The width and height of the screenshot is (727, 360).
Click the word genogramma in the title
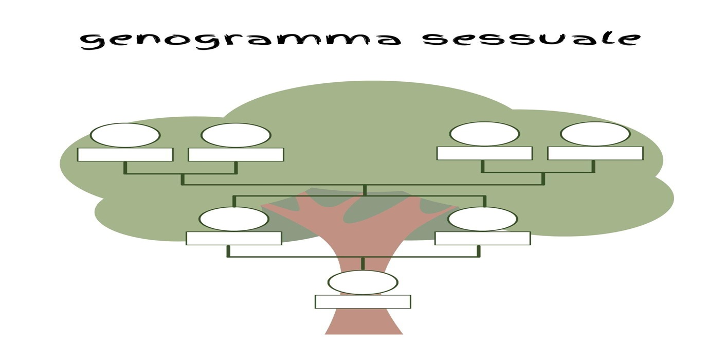click(x=240, y=41)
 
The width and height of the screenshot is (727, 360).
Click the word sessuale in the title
click(x=532, y=39)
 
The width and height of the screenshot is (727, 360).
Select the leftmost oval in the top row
click(x=125, y=135)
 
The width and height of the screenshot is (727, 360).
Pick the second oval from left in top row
click(x=236, y=135)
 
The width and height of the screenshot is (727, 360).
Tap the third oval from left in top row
click(x=484, y=134)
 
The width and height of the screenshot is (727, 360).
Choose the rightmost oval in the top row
click(x=595, y=134)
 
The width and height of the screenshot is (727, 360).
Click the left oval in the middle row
click(x=233, y=219)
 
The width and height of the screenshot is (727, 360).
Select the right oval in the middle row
click(x=483, y=219)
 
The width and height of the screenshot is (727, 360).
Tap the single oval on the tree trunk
click(x=363, y=282)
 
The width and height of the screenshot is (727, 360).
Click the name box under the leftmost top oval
click(x=125, y=154)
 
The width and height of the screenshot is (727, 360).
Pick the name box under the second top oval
click(x=236, y=154)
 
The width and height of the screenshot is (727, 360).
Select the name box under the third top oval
click(x=485, y=153)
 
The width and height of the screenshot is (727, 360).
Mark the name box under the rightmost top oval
click(x=595, y=153)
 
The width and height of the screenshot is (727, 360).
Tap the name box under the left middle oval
click(x=234, y=238)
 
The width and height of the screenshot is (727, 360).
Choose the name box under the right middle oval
click(x=483, y=238)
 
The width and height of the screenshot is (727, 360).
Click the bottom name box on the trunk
click(x=363, y=302)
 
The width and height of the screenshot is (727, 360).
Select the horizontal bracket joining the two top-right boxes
click(x=538, y=172)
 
